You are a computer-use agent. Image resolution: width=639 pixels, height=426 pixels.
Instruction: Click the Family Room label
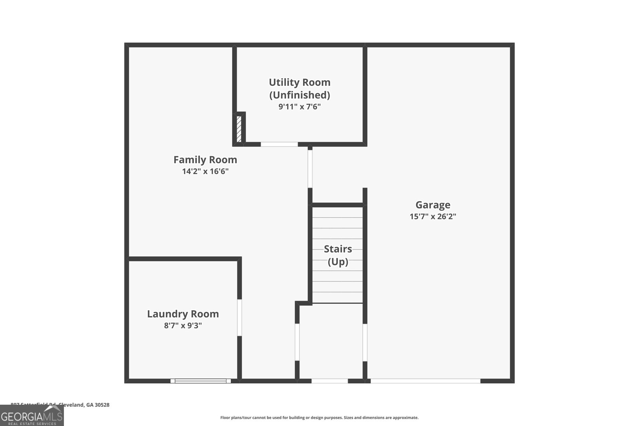pos(205,160)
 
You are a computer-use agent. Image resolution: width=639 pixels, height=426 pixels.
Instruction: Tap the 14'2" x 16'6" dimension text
pos(205,172)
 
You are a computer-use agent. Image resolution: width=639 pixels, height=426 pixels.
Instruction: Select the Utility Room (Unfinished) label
pos(300,88)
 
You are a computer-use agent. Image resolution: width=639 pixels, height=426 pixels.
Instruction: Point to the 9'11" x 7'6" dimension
pos(300,107)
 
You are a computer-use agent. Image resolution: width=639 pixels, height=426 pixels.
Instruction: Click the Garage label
pos(433,205)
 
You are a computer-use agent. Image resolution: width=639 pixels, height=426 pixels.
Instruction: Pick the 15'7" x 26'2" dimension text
pos(433,217)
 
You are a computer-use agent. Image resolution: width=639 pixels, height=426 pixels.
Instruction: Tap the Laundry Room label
pos(183,314)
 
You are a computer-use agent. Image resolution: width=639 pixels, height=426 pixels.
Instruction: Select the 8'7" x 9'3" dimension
pos(183,326)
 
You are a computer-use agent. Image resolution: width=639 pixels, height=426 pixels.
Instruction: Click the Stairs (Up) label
pos(338,255)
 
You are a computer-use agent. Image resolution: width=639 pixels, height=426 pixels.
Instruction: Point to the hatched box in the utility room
pos(239,129)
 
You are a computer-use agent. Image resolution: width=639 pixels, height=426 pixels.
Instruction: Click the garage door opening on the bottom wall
pos(425,381)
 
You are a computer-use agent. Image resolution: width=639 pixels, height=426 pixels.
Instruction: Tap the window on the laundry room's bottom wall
pos(200,381)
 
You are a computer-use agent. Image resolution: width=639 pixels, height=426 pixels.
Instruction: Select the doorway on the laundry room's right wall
pos(240,317)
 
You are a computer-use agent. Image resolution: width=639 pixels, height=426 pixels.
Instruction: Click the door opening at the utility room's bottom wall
pos(279,144)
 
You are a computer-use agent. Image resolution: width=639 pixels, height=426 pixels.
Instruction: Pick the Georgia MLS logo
pos(32,416)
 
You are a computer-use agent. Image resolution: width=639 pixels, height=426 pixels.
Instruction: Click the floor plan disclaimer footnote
pos(319,418)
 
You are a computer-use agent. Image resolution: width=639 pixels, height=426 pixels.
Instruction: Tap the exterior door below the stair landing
pos(329,381)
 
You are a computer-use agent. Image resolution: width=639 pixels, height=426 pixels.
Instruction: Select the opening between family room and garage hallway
pos(310,168)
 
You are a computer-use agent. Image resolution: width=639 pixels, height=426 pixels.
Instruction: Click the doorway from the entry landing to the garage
pos(365,342)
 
